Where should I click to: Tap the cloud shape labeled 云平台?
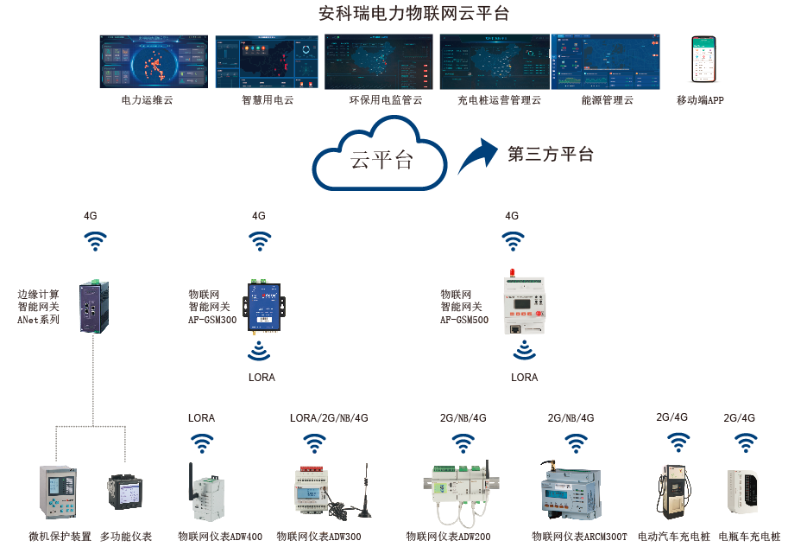(381, 159)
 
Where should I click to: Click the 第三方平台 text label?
(551, 155)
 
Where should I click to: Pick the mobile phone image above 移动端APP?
(703, 60)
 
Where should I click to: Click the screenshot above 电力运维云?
(155, 61)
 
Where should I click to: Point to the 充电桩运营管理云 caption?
(499, 100)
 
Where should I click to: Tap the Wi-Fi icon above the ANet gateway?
(95, 241)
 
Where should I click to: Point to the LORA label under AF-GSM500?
(524, 378)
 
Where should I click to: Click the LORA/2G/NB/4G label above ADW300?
(329, 418)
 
